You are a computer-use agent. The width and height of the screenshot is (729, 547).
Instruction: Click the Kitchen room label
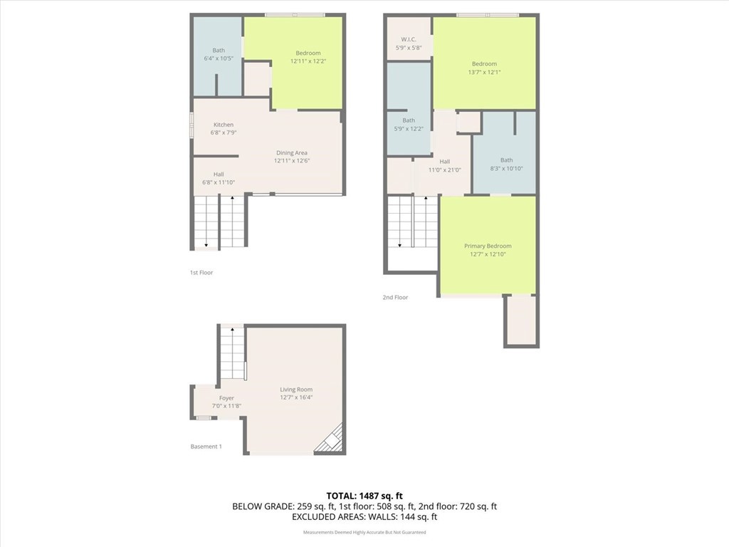coord(223,125)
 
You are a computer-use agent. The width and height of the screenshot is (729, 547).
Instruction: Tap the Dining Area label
coord(292,152)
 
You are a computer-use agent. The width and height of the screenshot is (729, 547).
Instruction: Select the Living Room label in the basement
coord(295,390)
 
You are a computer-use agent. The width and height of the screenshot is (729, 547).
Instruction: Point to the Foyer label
coord(226,398)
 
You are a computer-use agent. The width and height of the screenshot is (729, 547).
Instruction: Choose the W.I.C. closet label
coord(408,39)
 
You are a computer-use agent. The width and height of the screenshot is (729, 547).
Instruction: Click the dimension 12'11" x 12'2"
coord(308,61)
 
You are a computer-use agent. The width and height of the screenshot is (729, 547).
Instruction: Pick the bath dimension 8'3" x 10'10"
coord(506,168)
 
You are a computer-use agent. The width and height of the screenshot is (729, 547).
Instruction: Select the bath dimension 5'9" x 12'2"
coord(409,129)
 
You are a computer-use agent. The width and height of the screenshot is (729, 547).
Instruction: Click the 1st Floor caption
coord(201,273)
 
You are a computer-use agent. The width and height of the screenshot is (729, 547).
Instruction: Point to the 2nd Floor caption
coord(395,298)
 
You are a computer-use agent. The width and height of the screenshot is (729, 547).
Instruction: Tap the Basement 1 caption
coord(206,447)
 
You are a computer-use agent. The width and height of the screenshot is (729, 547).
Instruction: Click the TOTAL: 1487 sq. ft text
coord(364,495)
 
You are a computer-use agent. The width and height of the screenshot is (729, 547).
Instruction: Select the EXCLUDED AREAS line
coord(364,517)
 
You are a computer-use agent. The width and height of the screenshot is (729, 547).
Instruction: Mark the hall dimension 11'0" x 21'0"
coord(445,170)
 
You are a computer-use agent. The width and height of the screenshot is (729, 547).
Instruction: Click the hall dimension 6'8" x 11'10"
coord(219,182)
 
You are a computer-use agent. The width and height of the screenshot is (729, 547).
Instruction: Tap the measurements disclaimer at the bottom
coord(364,532)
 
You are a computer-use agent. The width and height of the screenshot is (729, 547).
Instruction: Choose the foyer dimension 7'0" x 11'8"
coord(226,406)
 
